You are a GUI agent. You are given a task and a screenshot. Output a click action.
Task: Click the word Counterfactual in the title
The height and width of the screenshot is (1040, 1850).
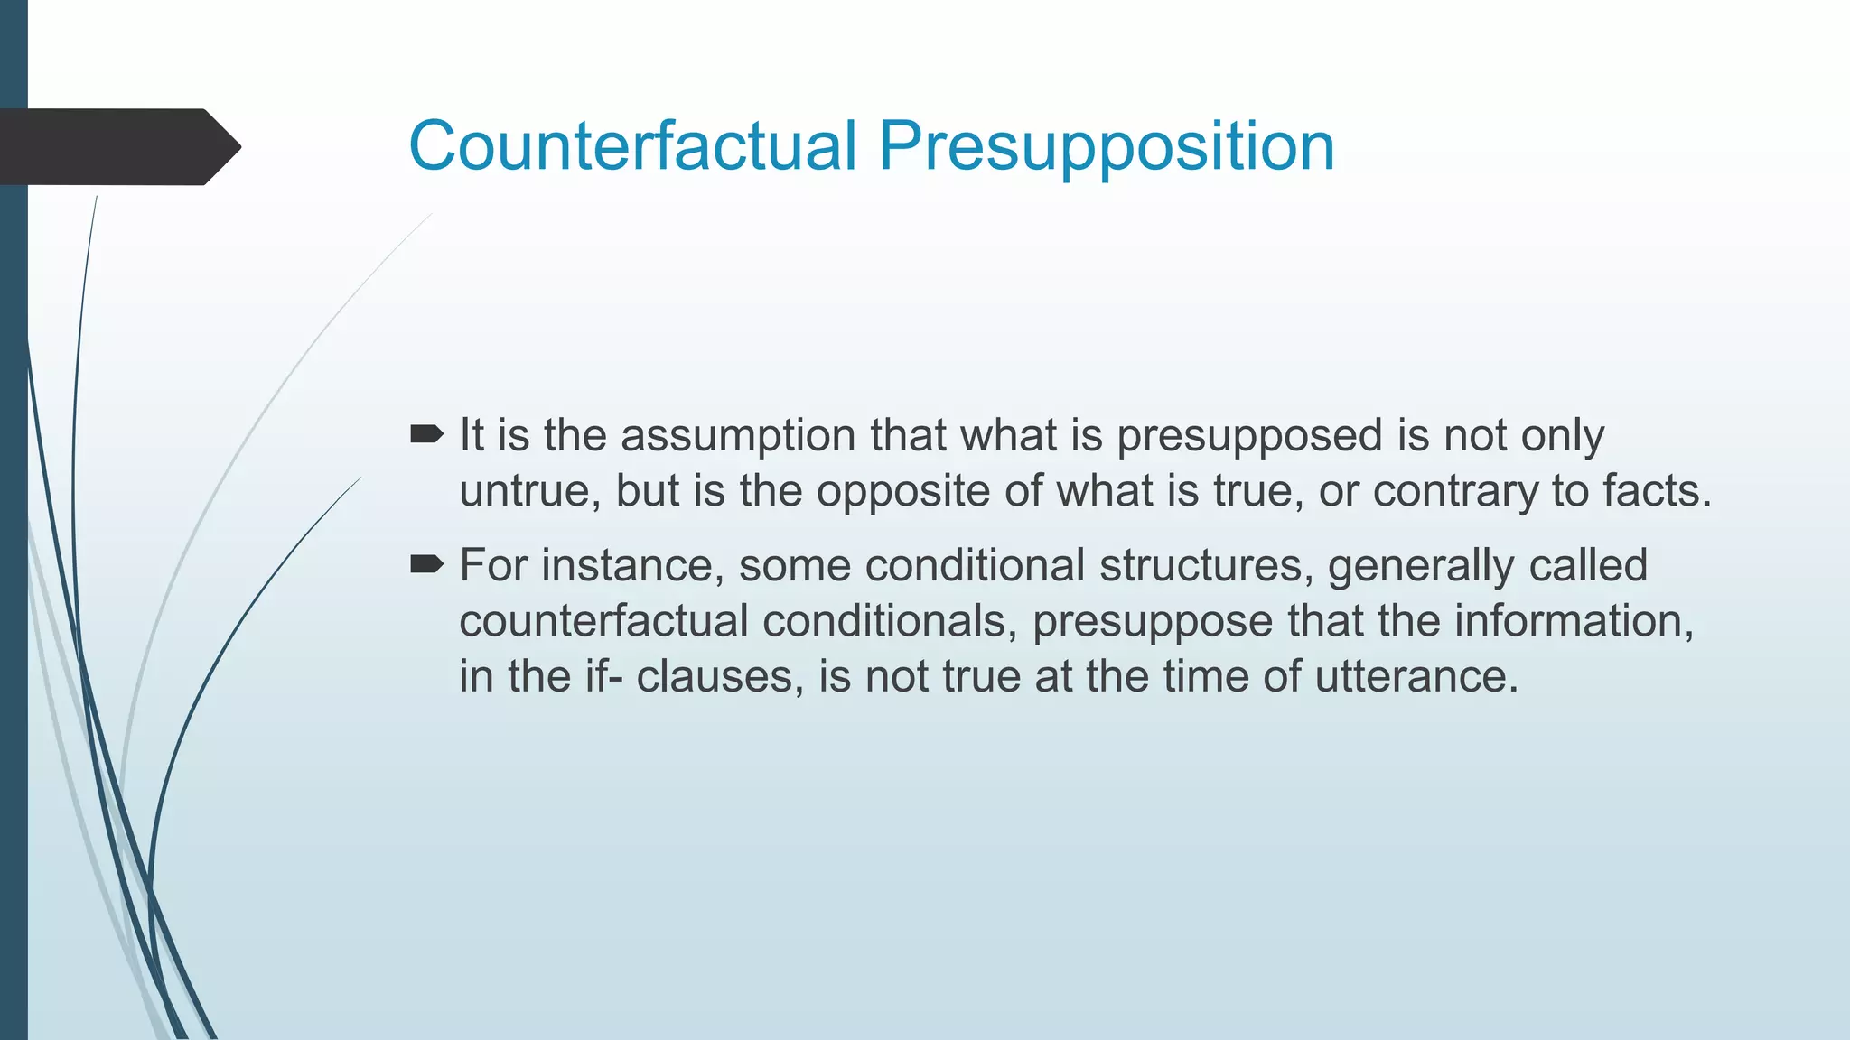(632, 145)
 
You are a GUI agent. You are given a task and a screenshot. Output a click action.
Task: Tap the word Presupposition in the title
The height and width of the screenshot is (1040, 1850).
(1107, 147)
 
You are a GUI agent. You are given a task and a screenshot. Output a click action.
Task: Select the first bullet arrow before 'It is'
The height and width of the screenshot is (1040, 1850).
(426, 435)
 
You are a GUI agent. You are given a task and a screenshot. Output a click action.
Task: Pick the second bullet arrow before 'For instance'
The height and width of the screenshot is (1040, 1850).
(426, 565)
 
